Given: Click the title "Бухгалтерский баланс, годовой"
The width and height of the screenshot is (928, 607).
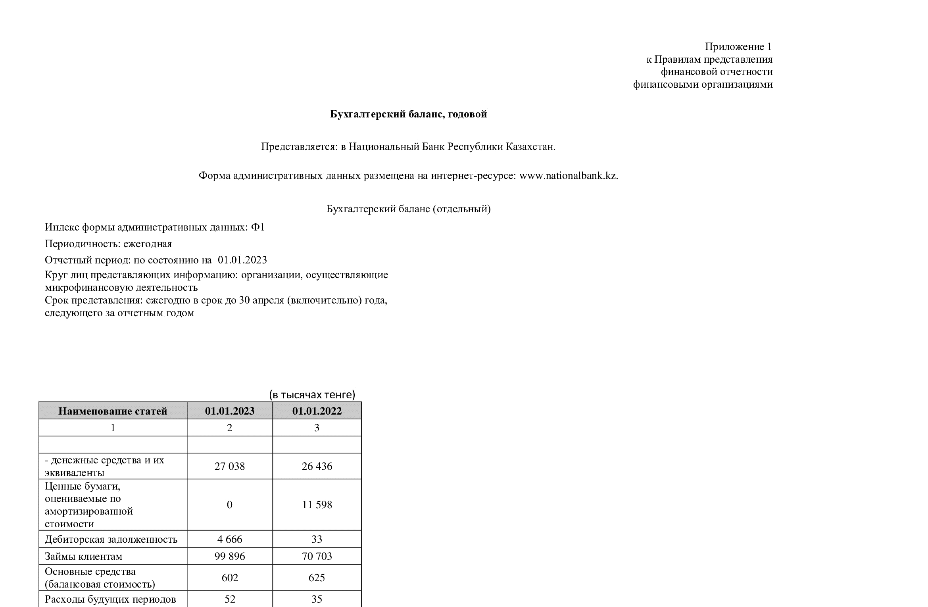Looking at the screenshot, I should coord(408,114).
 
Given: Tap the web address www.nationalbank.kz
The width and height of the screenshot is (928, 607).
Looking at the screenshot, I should coord(568,175).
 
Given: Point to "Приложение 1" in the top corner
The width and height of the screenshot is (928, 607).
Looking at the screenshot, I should coord(738,47).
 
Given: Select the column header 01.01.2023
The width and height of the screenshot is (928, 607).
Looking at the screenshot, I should coord(230,411).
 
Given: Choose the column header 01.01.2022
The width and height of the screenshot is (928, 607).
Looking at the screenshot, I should coord(317,411).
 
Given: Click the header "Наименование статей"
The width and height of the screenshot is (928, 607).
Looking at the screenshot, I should coord(113,411).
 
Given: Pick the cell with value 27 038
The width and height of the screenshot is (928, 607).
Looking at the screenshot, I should coord(230,466).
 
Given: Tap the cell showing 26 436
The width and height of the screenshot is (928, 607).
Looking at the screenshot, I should coord(317,466).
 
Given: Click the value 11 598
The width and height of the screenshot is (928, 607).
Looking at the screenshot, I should coord(317,505).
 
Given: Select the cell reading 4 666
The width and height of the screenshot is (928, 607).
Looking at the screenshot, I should coord(230,539).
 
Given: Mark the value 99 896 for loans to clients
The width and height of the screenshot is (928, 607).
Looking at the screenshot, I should coord(230,556).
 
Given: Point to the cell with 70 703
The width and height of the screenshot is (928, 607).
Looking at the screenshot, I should coord(317,556).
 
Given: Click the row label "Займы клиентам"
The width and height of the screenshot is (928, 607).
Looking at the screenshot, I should coord(84,556).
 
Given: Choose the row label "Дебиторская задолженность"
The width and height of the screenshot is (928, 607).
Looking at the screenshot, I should coord(111,539).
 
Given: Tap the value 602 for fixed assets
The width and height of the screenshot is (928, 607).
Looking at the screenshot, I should coord(230,578).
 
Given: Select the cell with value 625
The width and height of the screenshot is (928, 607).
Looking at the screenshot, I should coord(317,578).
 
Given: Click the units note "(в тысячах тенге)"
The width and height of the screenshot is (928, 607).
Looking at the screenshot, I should coord(312,395).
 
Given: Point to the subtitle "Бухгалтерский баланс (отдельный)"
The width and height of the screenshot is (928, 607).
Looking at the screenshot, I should coord(408,209).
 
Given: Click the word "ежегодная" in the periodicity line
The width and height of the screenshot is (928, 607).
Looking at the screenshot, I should coord(148,244).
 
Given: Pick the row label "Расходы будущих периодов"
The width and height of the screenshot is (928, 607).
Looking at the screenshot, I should coord(110,599).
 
